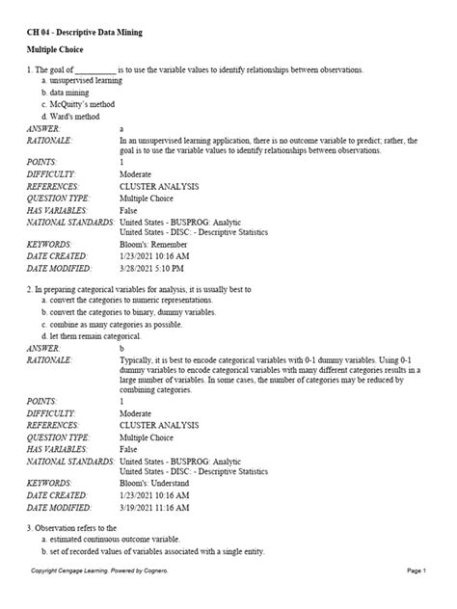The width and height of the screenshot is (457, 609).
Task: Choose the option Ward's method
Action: [x=74, y=116]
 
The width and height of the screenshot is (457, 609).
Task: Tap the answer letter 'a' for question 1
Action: [x=121, y=128]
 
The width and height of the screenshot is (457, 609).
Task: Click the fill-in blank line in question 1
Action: [x=94, y=70]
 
